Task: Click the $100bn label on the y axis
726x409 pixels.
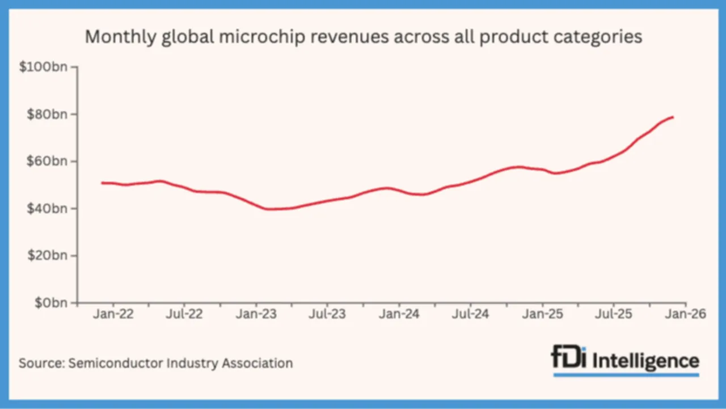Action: [x=43, y=68]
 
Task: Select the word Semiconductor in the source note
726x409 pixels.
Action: [x=116, y=363]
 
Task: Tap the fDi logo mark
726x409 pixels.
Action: [x=569, y=359]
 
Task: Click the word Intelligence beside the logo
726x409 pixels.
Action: [x=645, y=360]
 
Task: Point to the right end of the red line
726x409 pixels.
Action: [x=673, y=117]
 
